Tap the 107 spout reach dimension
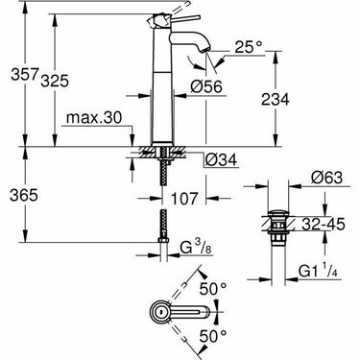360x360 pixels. pos(184,198)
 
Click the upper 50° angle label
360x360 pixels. pos(213,287)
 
